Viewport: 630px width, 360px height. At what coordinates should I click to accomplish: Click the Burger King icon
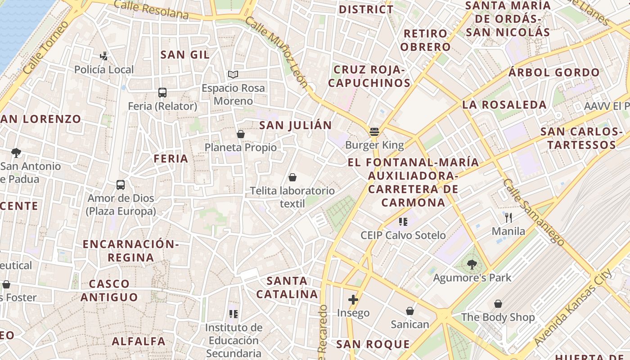point(374,132)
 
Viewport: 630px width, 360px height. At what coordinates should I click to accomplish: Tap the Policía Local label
point(104,70)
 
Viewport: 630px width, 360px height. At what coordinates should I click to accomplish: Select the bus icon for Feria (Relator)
point(162,93)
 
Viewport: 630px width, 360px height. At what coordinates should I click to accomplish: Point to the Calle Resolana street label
point(151,9)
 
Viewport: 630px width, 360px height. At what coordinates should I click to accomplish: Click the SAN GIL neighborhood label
point(185,55)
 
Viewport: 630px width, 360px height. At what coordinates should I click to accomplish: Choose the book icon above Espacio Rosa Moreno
point(233,74)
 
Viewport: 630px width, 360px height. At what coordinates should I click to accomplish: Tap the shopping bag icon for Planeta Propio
point(241,134)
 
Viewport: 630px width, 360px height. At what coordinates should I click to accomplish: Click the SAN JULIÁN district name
point(295,125)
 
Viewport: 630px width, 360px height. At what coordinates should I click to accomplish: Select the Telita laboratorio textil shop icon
point(292,177)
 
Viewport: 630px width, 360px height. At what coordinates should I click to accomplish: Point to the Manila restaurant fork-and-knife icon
point(508,218)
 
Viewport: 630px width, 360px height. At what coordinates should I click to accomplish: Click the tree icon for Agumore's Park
point(472,264)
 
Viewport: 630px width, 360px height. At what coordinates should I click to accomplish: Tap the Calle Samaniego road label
point(533,212)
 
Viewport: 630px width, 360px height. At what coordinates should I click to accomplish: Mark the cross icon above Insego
point(353,300)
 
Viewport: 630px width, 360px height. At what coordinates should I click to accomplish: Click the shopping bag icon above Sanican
point(410,311)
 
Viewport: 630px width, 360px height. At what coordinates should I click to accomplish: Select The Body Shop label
point(498,317)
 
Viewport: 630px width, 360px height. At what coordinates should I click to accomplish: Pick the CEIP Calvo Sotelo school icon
point(403,221)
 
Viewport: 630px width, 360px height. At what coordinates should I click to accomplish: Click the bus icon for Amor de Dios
point(121,184)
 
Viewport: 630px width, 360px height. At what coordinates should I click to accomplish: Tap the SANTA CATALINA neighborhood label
point(287,288)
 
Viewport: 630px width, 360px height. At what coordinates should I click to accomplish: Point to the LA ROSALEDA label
point(504,105)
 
